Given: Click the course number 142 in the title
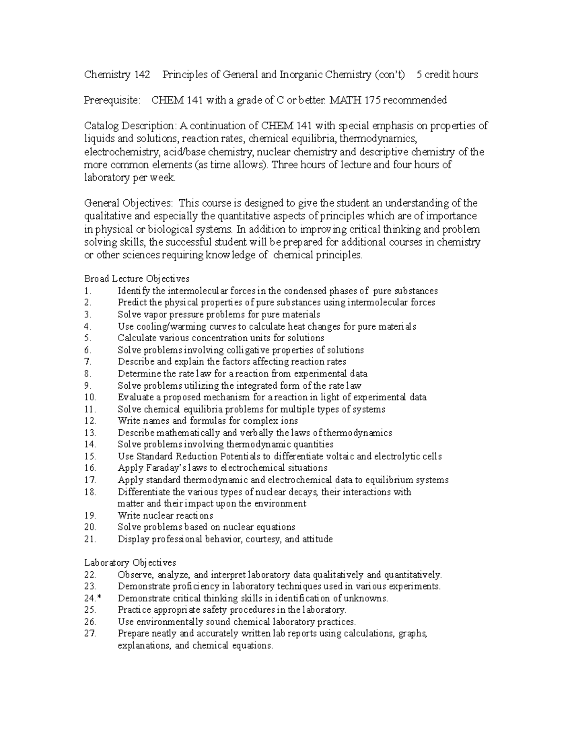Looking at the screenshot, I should [142, 75].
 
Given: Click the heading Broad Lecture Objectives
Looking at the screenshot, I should [137, 279].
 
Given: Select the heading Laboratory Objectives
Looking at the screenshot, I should [130, 563].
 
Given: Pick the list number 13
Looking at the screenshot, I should [90, 433].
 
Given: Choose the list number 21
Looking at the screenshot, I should [90, 539].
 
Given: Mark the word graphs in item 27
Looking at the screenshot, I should [413, 634].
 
